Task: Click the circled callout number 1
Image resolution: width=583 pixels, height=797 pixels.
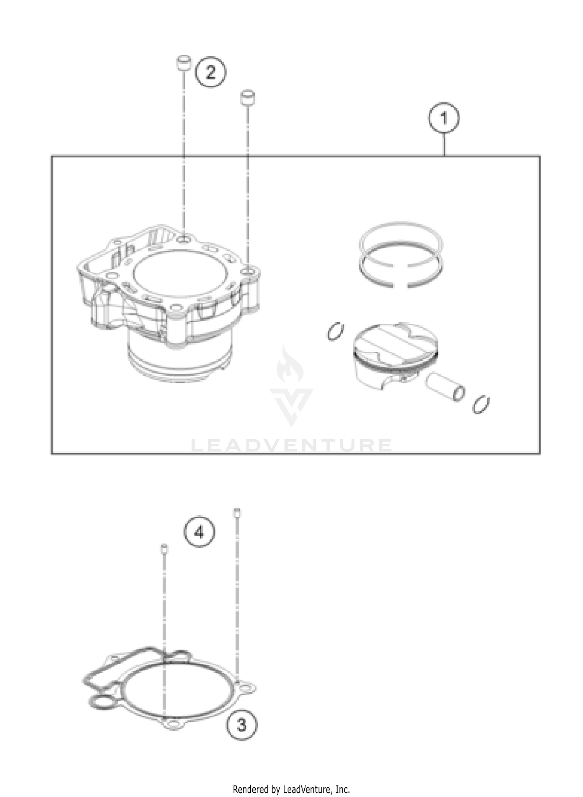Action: pyautogui.click(x=444, y=118)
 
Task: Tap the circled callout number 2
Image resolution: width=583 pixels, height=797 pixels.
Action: pyautogui.click(x=210, y=72)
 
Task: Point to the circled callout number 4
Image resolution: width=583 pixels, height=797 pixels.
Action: pyautogui.click(x=199, y=533)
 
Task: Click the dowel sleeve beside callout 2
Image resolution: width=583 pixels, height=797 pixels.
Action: pyautogui.click(x=183, y=64)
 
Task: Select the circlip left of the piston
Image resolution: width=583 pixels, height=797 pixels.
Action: pyautogui.click(x=335, y=332)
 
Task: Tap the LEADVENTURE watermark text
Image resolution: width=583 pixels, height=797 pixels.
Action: pyautogui.click(x=291, y=445)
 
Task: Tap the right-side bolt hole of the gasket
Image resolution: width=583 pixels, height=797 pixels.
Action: pyautogui.click(x=245, y=688)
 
